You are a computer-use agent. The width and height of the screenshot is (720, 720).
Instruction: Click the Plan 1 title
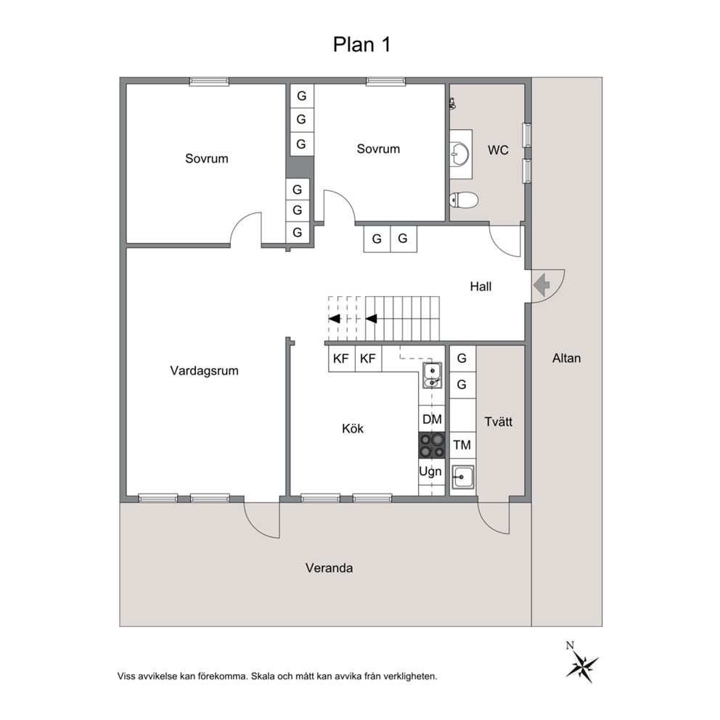pyautogui.click(x=361, y=44)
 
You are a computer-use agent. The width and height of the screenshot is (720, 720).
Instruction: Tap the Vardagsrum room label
pyautogui.click(x=205, y=371)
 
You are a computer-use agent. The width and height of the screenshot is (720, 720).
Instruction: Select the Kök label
pyautogui.click(x=353, y=428)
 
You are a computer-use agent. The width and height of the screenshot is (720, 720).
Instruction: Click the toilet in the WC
pyautogui.click(x=463, y=200)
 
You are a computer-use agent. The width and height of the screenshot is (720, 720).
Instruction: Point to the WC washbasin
pyautogui.click(x=459, y=153)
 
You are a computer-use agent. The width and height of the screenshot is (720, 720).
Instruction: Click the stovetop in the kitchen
pyautogui.click(x=432, y=446)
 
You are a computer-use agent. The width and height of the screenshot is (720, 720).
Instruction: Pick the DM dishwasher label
pyautogui.click(x=432, y=420)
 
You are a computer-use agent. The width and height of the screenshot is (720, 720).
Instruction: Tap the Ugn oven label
pyautogui.click(x=430, y=472)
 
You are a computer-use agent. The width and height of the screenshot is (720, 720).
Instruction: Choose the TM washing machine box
pyautogui.click(x=462, y=445)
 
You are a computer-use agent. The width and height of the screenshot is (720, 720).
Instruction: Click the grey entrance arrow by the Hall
pyautogui.click(x=542, y=285)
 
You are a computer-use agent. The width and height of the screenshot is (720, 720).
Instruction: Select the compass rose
pyautogui.click(x=581, y=664)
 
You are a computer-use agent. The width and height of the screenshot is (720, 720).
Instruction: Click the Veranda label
pyautogui.click(x=330, y=568)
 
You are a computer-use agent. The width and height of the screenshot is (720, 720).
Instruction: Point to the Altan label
pyautogui.click(x=567, y=358)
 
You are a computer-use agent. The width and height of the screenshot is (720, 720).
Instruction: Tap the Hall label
pyautogui.click(x=480, y=287)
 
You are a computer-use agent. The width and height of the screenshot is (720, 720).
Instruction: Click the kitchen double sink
pyautogui.click(x=432, y=376)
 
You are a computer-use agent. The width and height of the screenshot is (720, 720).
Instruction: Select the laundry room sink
pyautogui.click(x=462, y=478)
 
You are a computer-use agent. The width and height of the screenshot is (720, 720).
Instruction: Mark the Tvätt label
pyautogui.click(x=499, y=422)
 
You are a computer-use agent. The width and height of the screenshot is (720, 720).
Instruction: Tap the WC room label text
pyautogui.click(x=498, y=150)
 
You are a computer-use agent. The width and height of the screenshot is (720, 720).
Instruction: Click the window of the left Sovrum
pyautogui.click(x=209, y=82)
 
